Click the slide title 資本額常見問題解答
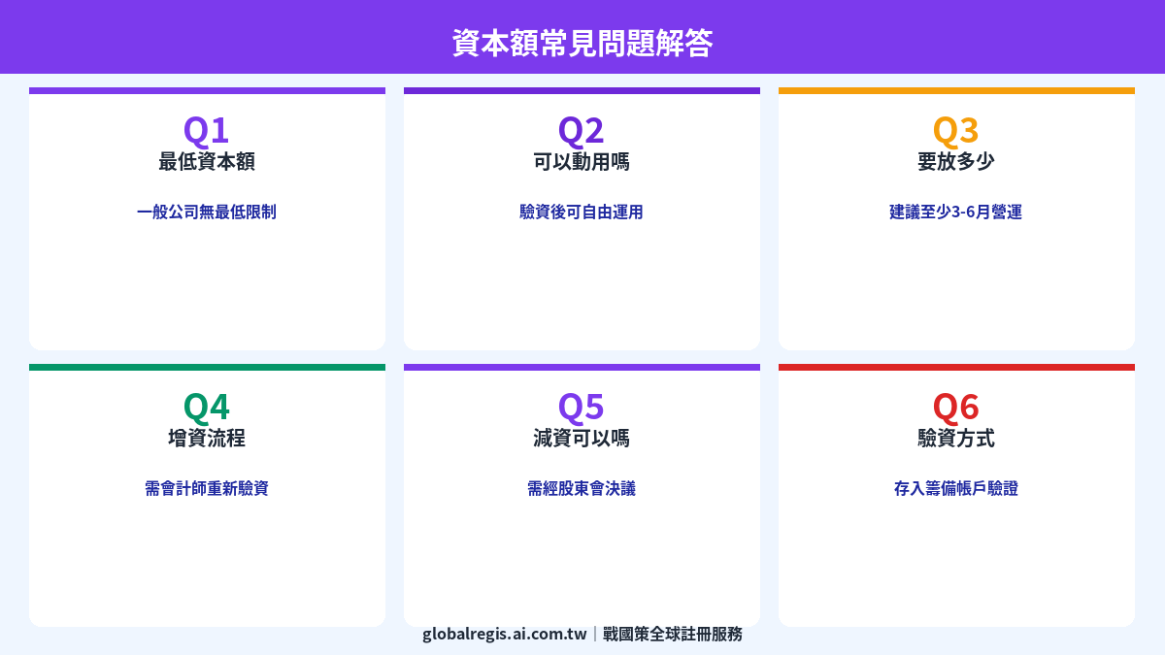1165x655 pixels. click(582, 43)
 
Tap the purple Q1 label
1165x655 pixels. click(206, 130)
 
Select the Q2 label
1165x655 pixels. click(581, 130)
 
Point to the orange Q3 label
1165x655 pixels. click(955, 130)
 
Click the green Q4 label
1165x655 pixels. click(206, 407)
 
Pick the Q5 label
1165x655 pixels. click(581, 407)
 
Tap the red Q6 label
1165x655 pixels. click(955, 407)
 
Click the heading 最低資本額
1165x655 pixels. click(207, 162)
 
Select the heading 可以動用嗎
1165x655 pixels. click(582, 162)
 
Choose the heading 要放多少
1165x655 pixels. click(956, 162)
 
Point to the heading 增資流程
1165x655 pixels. click(207, 439)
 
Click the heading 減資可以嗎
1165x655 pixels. click(582, 439)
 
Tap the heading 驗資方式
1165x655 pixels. click(956, 439)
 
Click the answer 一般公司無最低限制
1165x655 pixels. click(207, 212)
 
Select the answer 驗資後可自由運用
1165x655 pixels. click(582, 212)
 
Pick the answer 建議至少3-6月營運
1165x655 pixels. click(956, 212)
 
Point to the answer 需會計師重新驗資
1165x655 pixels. click(207, 488)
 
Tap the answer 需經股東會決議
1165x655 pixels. click(582, 488)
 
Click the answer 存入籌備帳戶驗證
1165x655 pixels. click(956, 488)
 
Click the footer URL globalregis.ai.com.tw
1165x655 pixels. click(505, 634)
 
